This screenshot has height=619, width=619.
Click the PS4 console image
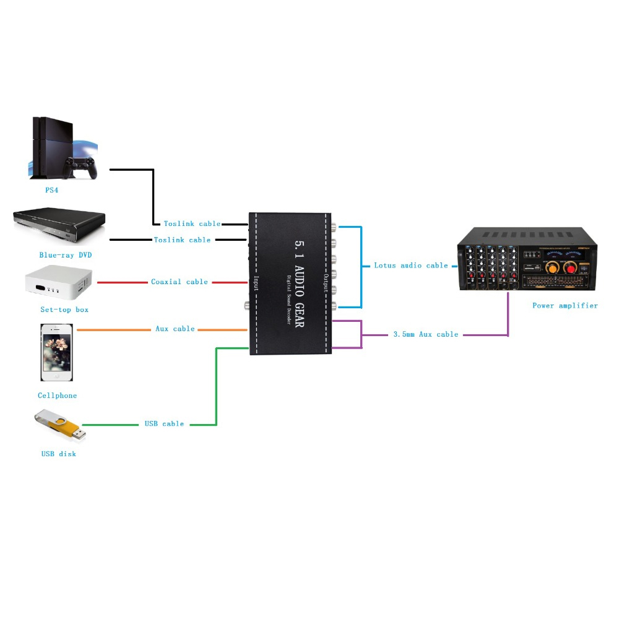pyautogui.click(x=63, y=149)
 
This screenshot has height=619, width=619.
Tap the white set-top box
pyautogui.click(x=59, y=282)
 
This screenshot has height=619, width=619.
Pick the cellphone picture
pyautogui.click(x=56, y=352)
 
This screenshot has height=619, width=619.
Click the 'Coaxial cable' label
pyautogui.click(x=180, y=282)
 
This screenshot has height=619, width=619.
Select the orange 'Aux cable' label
pyautogui.click(x=175, y=329)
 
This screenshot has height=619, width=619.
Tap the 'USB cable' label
pyautogui.click(x=164, y=424)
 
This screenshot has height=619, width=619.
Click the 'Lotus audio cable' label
pyautogui.click(x=410, y=266)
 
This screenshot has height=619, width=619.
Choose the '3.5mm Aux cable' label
pyautogui.click(x=426, y=334)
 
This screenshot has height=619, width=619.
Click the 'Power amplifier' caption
pyautogui.click(x=565, y=306)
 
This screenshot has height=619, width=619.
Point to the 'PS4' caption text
pyautogui.click(x=51, y=191)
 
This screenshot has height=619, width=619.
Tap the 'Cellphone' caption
pyautogui.click(x=57, y=396)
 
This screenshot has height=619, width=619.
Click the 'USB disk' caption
pyautogui.click(x=58, y=454)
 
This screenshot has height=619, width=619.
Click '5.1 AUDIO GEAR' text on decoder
pyautogui.click(x=300, y=284)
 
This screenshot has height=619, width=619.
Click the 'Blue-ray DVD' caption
pyautogui.click(x=61, y=255)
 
